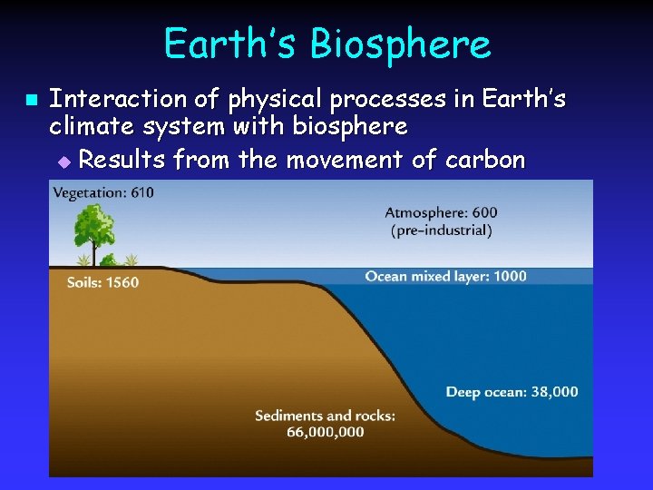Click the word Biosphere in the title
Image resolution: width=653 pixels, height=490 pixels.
[x=404, y=44]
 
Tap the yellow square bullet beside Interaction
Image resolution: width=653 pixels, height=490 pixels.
[x=29, y=98]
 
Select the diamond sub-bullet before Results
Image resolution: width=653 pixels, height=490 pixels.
[x=63, y=162]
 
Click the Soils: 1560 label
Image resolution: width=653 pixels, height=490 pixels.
[x=102, y=282]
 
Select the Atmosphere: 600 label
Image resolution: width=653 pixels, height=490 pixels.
[x=441, y=212]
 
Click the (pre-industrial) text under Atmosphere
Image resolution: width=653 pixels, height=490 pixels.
[x=441, y=230]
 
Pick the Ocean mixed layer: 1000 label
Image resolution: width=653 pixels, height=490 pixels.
[x=445, y=276]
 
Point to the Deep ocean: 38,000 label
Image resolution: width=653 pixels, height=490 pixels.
[x=512, y=392]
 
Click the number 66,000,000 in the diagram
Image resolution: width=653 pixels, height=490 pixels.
[x=325, y=432]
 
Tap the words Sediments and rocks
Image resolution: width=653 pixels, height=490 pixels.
[x=325, y=416]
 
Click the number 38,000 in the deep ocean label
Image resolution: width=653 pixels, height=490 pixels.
[x=552, y=392]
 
